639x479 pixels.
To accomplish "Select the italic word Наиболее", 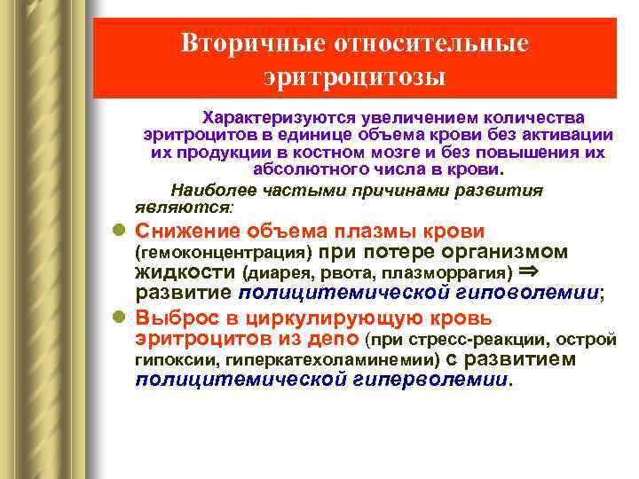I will [x=208, y=190].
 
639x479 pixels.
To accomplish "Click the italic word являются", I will [x=183, y=207].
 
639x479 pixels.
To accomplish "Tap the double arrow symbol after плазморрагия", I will [x=528, y=271].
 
